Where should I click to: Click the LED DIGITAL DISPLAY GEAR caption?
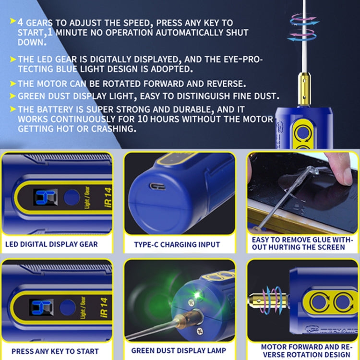pos(51,244)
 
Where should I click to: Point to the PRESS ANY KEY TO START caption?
pos(56,352)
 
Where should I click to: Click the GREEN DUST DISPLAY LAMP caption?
pos(179,350)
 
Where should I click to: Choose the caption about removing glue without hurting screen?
pos(302,243)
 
